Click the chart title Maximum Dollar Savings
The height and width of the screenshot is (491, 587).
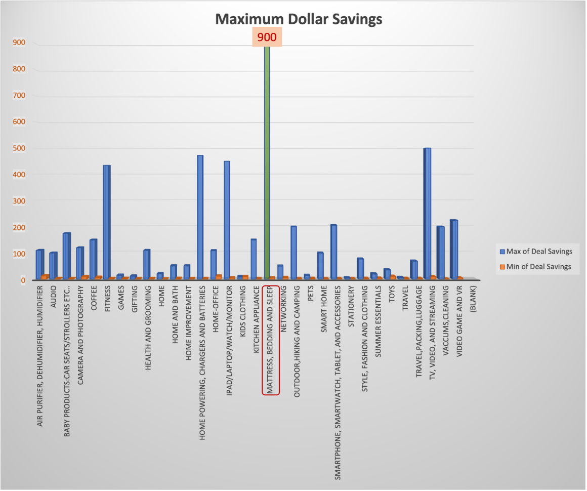click(299, 19)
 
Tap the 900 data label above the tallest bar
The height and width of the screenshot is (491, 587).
click(267, 37)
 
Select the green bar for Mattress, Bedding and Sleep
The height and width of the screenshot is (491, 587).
click(267, 162)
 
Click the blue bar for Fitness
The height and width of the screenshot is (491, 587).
click(106, 223)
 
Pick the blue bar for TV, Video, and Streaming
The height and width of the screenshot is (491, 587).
click(427, 213)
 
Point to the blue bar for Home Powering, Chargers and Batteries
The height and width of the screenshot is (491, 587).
click(200, 218)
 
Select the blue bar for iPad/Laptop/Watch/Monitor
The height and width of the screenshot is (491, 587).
click(227, 220)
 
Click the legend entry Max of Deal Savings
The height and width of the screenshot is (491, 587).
click(535, 252)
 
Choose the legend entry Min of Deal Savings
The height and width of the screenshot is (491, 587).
click(535, 266)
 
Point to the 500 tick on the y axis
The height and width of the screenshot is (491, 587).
click(19, 148)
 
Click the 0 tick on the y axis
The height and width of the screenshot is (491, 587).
click(23, 280)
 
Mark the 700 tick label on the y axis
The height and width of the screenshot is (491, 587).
click(19, 95)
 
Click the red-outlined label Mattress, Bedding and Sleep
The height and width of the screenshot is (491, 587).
click(270, 340)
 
